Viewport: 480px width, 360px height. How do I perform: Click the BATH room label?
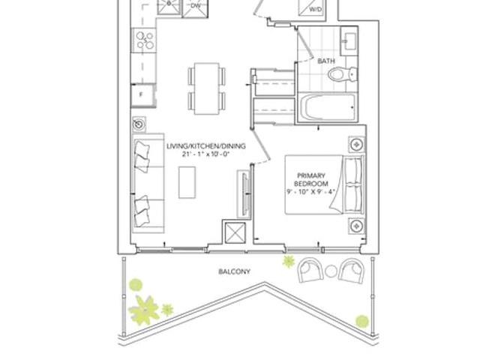326,61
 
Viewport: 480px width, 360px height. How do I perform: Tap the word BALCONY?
234,271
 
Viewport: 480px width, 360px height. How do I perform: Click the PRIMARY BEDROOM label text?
311,180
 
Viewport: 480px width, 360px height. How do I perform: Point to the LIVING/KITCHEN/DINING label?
206,146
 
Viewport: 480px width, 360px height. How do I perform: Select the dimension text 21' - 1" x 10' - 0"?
205,154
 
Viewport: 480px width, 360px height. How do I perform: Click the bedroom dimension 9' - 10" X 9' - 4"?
310,192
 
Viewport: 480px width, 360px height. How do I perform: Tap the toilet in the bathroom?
342,74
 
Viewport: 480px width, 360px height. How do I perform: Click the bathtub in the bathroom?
327,107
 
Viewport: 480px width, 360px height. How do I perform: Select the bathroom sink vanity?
348,41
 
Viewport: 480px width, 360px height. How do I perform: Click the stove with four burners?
144,40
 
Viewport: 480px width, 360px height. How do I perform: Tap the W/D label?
315,10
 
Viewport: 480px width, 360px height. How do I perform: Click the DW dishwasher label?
195,5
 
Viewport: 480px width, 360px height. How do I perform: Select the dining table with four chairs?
207,88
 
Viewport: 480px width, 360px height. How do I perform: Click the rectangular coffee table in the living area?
187,182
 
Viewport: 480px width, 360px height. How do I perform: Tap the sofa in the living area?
148,183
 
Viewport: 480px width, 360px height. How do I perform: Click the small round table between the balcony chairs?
331,271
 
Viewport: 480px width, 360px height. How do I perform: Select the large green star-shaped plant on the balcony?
144,310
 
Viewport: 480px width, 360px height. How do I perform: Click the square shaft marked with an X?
235,233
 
